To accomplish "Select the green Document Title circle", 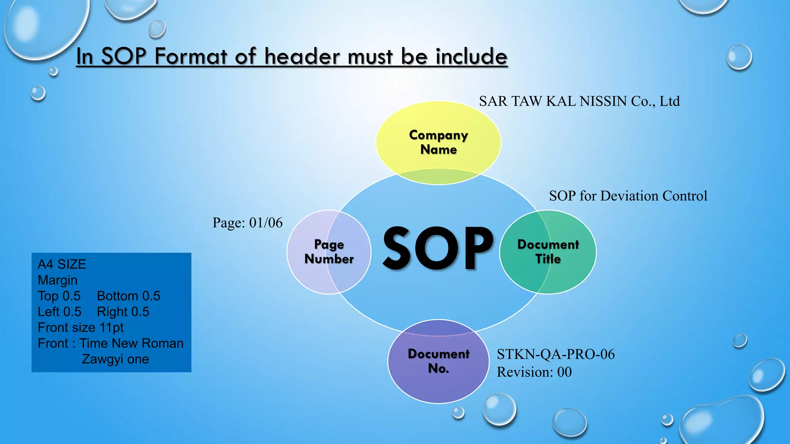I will (x=548, y=252).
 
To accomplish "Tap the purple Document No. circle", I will (x=438, y=361).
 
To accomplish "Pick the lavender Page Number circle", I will (x=329, y=252).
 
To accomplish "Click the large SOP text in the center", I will (x=438, y=249).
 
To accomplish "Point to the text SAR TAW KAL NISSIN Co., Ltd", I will (x=579, y=101).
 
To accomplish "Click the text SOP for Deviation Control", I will (x=628, y=196).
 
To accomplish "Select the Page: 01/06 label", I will (x=247, y=223).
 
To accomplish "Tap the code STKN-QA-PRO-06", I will (x=555, y=354).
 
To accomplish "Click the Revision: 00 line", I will (x=534, y=372).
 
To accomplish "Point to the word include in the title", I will (x=471, y=56).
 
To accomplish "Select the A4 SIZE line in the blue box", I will (x=62, y=264).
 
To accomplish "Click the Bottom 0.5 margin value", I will (x=128, y=296).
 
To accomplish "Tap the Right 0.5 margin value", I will (x=123, y=312).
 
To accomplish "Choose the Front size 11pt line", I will (x=80, y=328).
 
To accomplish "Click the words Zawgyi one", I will (x=115, y=359).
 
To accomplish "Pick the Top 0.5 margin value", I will (x=59, y=296).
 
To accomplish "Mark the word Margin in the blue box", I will (x=57, y=280).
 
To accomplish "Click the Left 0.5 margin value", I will (x=59, y=312).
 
